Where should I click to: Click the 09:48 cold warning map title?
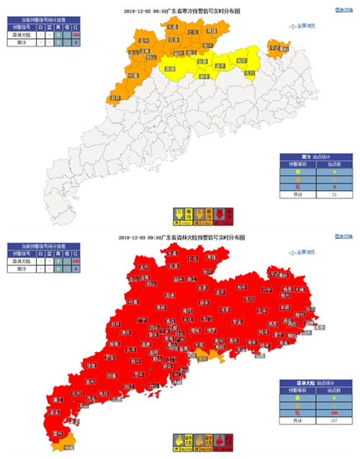point(180,12)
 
